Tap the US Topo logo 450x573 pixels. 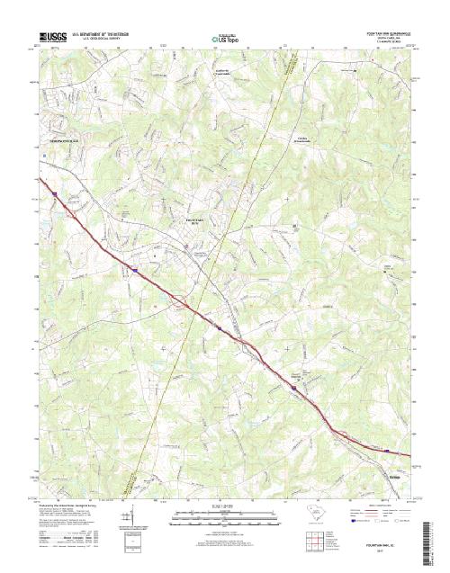pos(225,40)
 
